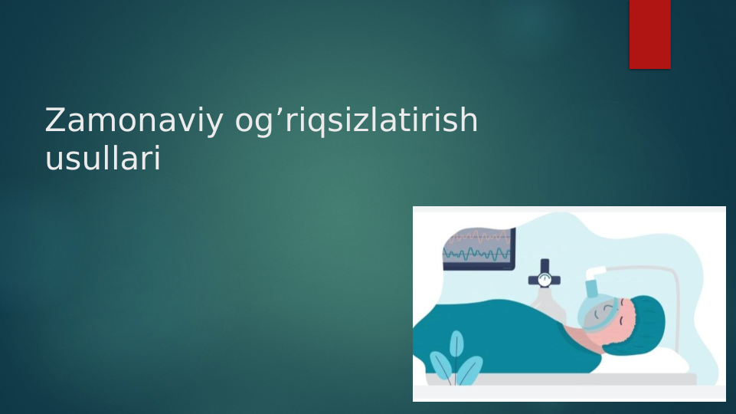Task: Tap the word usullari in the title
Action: (x=103, y=159)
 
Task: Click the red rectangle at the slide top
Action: (x=649, y=34)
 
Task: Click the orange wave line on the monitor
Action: (x=479, y=238)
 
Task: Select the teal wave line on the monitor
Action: (x=477, y=254)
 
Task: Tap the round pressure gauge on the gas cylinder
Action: (x=544, y=280)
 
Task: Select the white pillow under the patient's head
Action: (x=674, y=360)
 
